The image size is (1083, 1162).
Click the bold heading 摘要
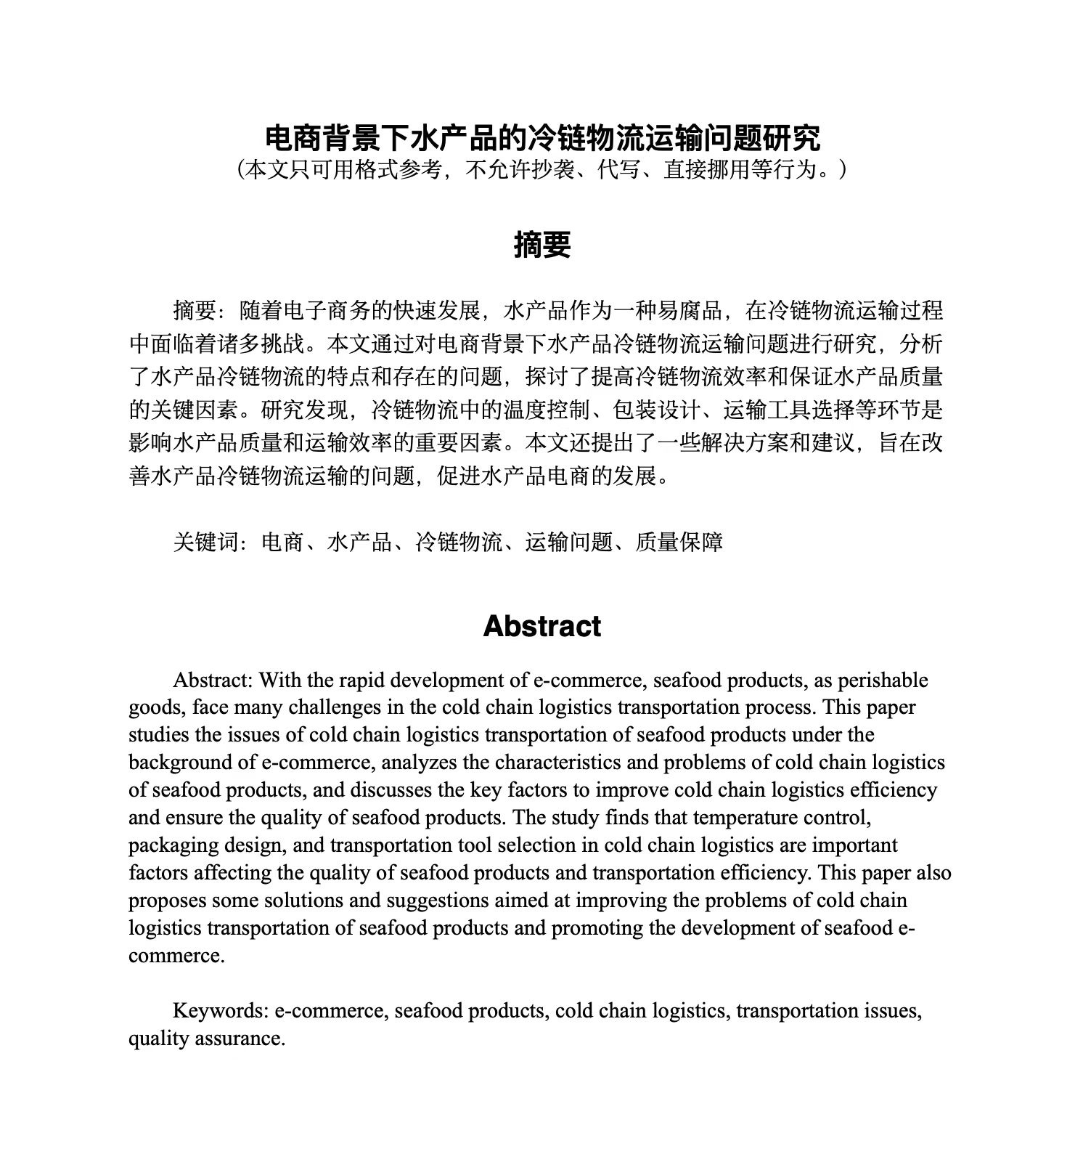(x=541, y=245)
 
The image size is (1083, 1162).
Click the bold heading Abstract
(x=541, y=626)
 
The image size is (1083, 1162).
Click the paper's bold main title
(x=541, y=136)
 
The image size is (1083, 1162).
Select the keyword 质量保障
(x=679, y=542)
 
